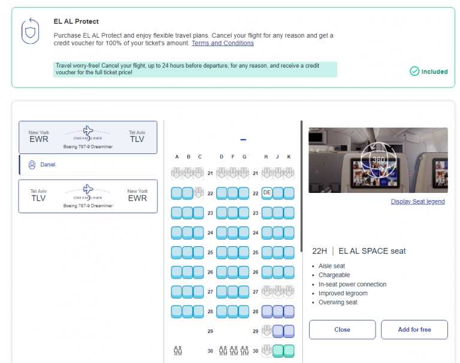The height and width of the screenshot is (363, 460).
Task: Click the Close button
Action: click(342, 329)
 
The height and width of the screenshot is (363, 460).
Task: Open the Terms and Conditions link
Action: click(222, 43)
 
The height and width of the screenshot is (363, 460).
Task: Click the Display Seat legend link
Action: click(417, 202)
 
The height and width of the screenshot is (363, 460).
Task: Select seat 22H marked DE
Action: click(267, 193)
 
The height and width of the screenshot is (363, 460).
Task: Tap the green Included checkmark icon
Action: click(414, 71)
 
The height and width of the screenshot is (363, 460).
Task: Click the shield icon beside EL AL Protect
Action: click(31, 31)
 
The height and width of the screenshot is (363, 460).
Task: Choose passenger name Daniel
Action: click(48, 164)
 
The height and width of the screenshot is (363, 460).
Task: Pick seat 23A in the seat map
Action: click(177, 213)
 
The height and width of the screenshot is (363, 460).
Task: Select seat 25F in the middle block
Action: click(233, 252)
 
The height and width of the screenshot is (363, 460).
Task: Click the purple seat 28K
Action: click(289, 311)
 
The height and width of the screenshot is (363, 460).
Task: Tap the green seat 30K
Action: click(289, 350)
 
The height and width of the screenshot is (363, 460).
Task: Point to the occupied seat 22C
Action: click(199, 193)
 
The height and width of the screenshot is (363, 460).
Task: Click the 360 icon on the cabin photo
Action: click(379, 160)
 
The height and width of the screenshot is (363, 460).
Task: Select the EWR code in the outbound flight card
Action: click(39, 139)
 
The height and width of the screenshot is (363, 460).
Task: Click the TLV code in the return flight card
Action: click(39, 198)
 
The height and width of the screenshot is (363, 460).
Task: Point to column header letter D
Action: click(222, 157)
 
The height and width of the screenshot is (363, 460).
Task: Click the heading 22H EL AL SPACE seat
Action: click(359, 251)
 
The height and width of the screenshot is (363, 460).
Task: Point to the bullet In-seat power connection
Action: click(352, 285)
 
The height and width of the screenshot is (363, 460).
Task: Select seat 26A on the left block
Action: click(177, 272)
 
